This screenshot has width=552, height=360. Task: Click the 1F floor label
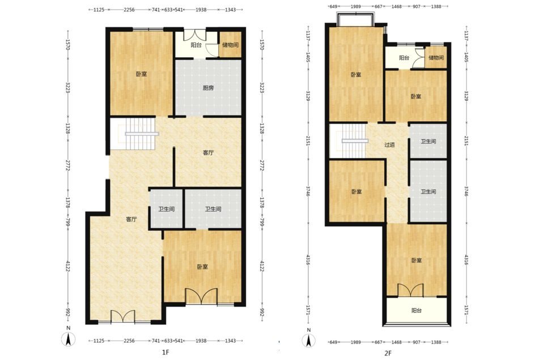tap(165, 352)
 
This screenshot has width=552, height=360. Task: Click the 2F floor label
tap(388, 353)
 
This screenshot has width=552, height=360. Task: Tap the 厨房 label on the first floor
tap(208, 88)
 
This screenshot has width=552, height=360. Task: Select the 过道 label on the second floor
tap(389, 145)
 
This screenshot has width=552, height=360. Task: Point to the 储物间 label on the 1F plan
tap(230, 45)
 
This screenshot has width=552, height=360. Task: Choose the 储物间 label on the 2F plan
tap(436, 57)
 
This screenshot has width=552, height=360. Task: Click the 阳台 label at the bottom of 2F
tap(417, 310)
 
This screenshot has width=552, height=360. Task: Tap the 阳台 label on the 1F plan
tap(196, 45)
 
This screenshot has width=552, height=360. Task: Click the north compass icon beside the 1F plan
tap(69, 340)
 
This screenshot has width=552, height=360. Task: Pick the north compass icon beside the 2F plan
tap(309, 341)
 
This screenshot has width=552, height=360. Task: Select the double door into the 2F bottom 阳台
tap(410, 290)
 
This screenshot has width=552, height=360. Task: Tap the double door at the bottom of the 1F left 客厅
tap(123, 316)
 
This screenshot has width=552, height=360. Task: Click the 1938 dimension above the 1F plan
tap(201, 10)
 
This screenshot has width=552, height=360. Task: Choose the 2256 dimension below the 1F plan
tap(129, 341)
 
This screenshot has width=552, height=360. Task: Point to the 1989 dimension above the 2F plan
tap(356, 6)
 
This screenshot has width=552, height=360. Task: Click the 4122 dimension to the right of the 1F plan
tap(262, 266)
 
